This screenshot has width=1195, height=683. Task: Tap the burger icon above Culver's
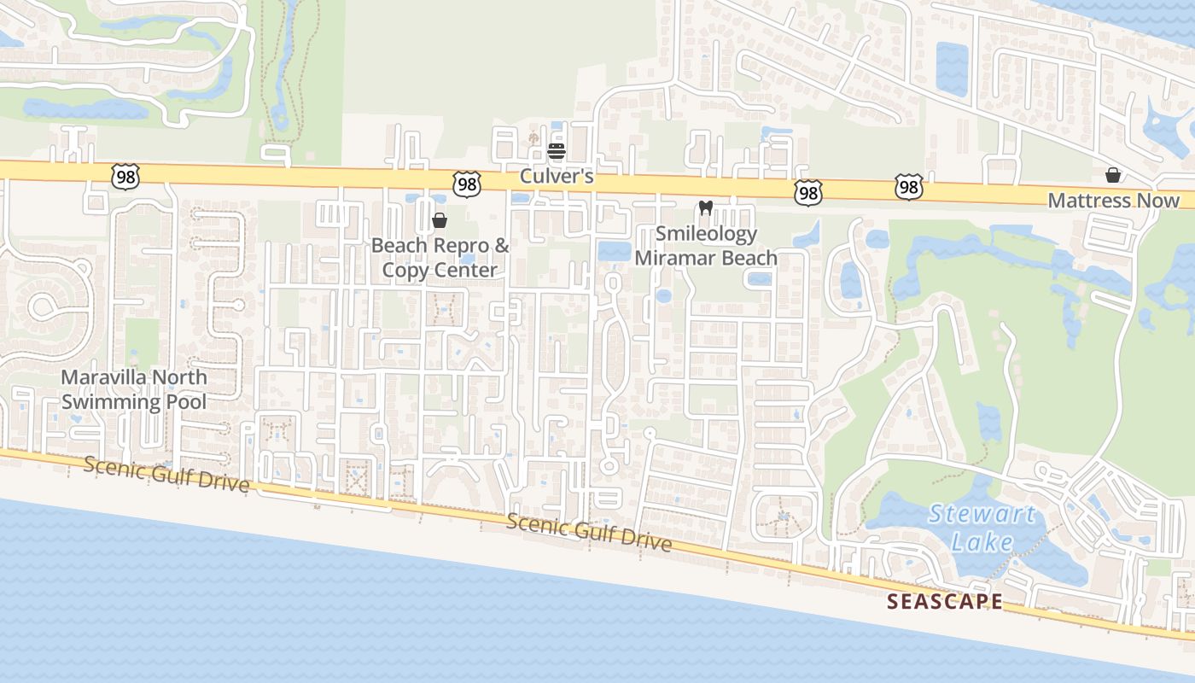557,152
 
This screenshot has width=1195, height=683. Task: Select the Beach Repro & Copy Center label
440,258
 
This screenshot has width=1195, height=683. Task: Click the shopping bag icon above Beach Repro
440,220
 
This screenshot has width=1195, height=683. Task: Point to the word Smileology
706,234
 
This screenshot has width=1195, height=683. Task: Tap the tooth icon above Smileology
705,207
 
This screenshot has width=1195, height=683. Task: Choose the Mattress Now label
1113,201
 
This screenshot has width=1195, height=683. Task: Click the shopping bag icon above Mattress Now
1113,175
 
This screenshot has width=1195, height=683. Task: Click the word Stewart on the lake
982,515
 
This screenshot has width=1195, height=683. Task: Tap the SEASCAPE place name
945,601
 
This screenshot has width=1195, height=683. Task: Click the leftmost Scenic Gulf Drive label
166,475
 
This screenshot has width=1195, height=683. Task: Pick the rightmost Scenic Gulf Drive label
589,533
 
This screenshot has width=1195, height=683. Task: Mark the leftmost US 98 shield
125,177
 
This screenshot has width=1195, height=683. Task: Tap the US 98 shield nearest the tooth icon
807,192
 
